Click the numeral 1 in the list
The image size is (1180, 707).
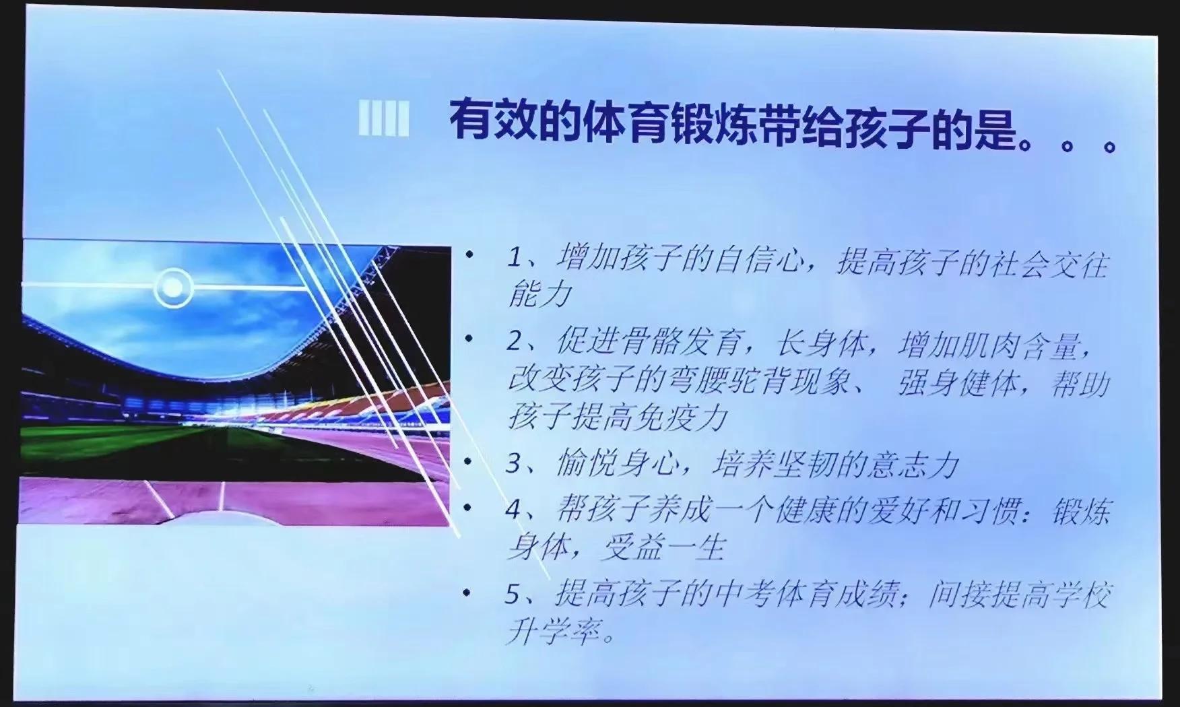coord(515,259)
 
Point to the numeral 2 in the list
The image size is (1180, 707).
coord(515,343)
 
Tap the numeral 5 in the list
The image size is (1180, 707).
coord(514,595)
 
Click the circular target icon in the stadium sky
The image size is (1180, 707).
coord(173,288)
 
